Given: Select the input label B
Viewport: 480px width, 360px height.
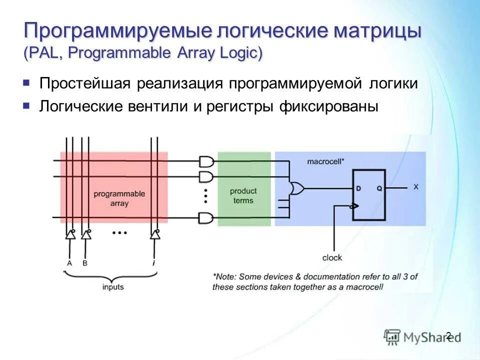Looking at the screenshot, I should (x=85, y=262).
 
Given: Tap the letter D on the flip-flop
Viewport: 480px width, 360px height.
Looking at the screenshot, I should (x=358, y=188).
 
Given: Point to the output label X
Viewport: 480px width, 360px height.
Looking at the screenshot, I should (x=416, y=187).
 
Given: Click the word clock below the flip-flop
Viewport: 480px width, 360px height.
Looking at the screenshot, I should (x=332, y=257).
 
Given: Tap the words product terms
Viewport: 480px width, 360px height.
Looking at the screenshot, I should (x=243, y=195).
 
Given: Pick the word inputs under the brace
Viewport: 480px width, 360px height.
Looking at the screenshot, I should (x=113, y=287).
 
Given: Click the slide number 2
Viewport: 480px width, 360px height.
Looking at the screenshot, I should (x=448, y=335).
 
